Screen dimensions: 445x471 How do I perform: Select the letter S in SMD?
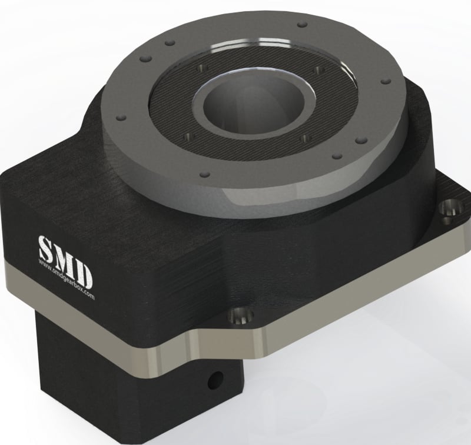point(46,246)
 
